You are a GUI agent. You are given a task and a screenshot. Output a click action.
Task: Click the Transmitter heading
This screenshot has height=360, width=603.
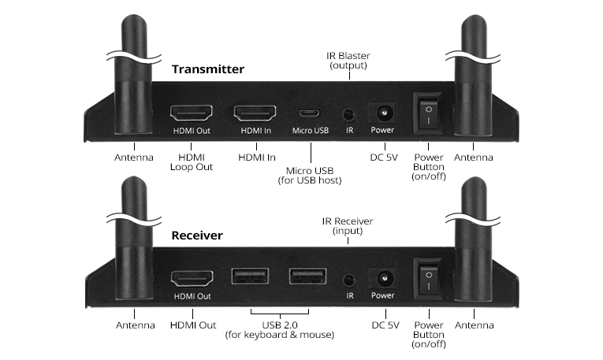(x=208, y=69)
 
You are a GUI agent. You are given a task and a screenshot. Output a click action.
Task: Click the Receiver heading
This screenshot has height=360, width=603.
(x=197, y=235)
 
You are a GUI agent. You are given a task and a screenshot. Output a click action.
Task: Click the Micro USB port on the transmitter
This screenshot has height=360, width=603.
(x=310, y=113)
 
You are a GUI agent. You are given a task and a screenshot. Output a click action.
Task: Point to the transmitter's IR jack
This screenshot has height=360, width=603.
(x=348, y=113)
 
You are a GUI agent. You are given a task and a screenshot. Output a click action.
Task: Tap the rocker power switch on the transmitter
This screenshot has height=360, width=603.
(x=428, y=113)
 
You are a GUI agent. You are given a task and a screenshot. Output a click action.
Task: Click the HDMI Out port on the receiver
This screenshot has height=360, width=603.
(x=192, y=278)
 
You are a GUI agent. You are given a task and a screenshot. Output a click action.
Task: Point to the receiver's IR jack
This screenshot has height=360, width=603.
(x=348, y=280)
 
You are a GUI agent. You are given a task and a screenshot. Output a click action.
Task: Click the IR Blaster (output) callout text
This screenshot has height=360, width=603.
(x=348, y=61)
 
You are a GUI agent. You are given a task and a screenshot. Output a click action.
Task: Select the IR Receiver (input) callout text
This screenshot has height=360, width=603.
(x=348, y=226)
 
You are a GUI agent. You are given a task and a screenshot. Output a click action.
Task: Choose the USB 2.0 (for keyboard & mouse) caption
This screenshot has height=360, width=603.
(x=279, y=330)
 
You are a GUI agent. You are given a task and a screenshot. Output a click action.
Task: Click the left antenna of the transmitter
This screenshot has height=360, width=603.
(x=134, y=87)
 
